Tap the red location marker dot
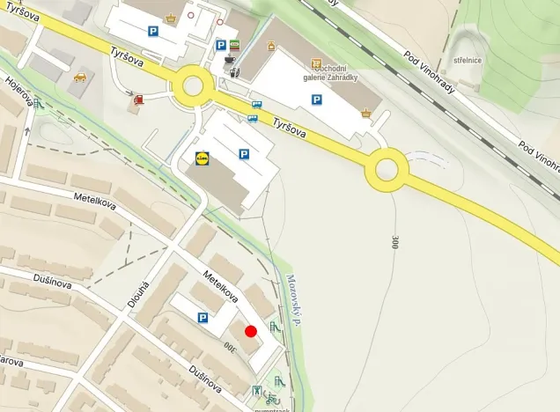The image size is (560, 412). pyautogui.click(x=251, y=331)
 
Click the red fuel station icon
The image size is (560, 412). pyautogui.click(x=138, y=100)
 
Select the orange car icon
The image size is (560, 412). pyautogui.click(x=80, y=77)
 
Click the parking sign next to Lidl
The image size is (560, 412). pyautogui.click(x=244, y=154)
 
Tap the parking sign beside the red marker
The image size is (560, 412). pyautogui.click(x=203, y=318)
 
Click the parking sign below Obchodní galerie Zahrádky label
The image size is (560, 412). pyautogui.click(x=317, y=100)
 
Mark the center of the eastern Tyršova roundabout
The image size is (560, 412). pyautogui.click(x=387, y=169)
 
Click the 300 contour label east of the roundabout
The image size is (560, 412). pyautogui.click(x=394, y=241)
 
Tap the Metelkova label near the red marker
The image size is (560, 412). pyautogui.click(x=221, y=286)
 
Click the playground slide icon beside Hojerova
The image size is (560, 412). pyautogui.click(x=38, y=103)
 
